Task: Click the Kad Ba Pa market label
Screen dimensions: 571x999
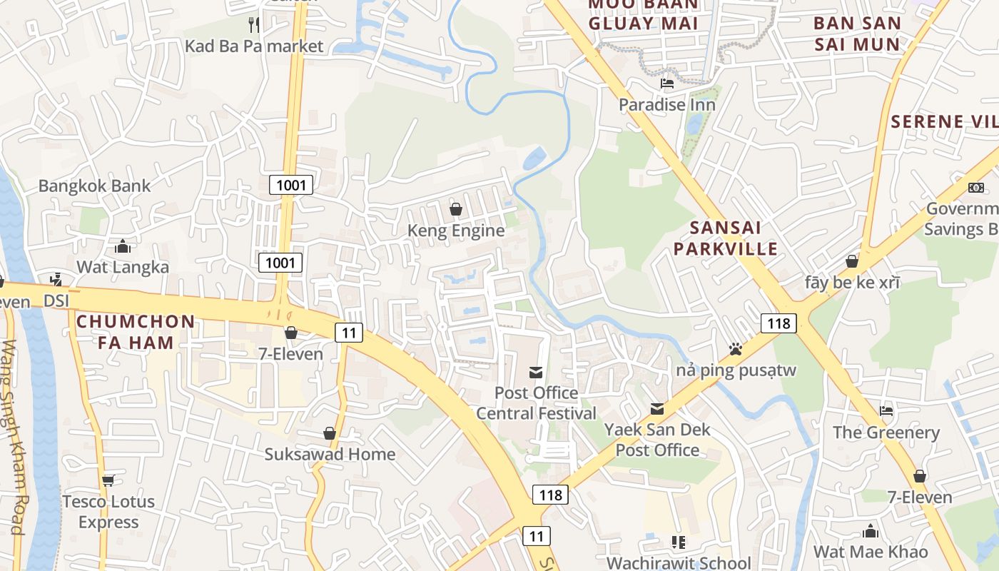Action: tap(254, 46)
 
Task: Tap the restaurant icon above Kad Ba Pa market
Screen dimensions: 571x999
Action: tap(254, 25)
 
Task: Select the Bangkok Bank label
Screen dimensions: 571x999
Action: tap(94, 186)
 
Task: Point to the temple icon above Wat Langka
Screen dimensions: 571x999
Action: tap(123, 247)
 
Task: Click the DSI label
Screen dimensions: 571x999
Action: tap(56, 301)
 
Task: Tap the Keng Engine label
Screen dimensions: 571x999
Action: tap(456, 231)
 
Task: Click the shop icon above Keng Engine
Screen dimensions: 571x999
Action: tap(456, 209)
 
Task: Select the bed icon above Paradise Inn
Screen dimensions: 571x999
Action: tap(667, 84)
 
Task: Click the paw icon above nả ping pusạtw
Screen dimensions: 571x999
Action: tap(736, 349)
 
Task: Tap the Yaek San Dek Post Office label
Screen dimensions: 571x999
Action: tap(657, 440)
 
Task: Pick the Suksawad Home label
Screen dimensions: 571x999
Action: tap(330, 454)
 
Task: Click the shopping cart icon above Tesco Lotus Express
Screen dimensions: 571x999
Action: tap(108, 480)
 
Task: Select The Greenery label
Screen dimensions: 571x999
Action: tap(886, 433)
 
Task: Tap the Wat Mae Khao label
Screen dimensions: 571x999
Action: tap(871, 552)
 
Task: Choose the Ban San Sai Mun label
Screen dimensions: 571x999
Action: tap(857, 34)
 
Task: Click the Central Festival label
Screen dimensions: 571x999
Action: tap(536, 413)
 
